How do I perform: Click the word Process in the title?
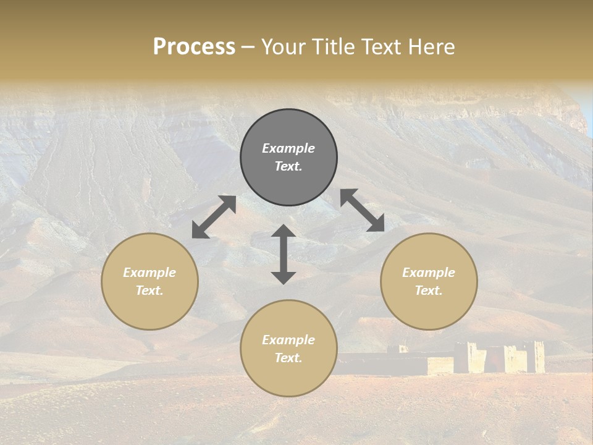point(194,47)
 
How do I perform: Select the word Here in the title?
point(432,47)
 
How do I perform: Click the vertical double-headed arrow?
point(284,254)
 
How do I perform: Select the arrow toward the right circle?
point(363,211)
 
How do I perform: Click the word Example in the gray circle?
point(288,148)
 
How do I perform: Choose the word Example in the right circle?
point(429,273)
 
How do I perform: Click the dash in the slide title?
point(248,48)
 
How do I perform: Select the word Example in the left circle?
point(149,273)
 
